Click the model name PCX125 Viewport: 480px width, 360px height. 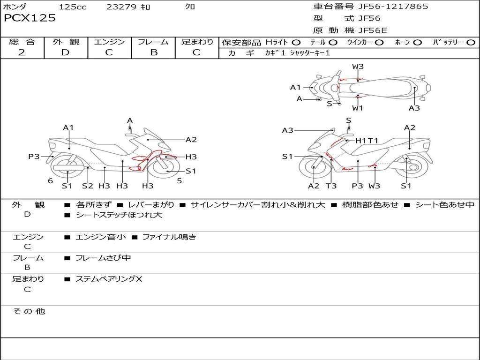coord(30,18)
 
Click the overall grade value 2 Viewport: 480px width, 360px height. coord(22,52)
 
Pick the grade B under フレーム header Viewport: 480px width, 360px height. coord(153,52)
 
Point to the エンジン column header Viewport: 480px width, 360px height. coord(109,42)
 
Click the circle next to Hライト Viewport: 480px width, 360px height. coord(296,43)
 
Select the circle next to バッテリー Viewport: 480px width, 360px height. coord(471,43)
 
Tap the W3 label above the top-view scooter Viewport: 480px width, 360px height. coord(358,67)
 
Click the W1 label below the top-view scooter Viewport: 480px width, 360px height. coord(358,108)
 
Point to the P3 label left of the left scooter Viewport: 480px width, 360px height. coord(34,157)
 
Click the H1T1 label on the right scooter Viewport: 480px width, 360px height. coord(367,140)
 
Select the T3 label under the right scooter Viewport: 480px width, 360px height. coord(331,186)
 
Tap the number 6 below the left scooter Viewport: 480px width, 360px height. coord(50,181)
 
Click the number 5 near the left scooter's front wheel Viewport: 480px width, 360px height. coord(179,180)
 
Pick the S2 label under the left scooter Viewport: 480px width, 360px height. coord(88,186)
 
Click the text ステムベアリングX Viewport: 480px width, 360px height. coord(109,279)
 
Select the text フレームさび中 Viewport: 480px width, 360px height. coord(103,258)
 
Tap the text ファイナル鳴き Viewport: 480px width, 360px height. coord(169,237)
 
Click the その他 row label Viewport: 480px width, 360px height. coord(29,311)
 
